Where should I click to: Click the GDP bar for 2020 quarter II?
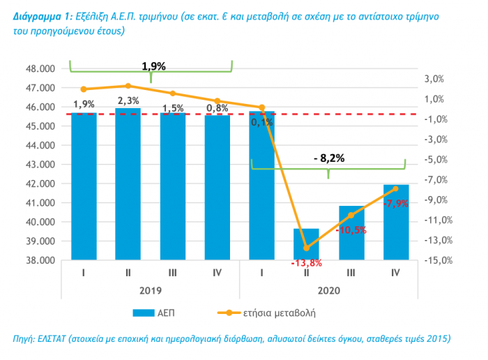(x=306, y=244)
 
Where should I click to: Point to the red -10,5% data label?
(x=351, y=230)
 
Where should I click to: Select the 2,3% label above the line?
(x=128, y=101)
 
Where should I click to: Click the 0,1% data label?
(x=262, y=123)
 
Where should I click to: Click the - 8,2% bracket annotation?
(x=329, y=158)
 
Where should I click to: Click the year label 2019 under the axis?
(x=150, y=287)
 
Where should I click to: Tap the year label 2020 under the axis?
(x=328, y=287)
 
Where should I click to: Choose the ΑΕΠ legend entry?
(x=160, y=311)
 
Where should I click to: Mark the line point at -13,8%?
(x=306, y=248)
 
